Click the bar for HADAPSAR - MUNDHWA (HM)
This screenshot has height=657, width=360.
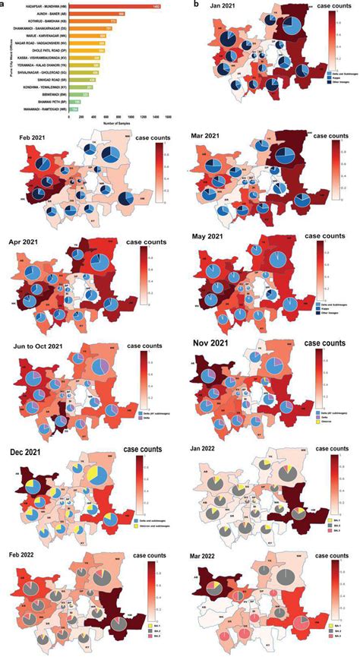pyautogui.click(x=114, y=7)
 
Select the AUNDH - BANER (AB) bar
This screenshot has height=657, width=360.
pyautogui.click(x=99, y=14)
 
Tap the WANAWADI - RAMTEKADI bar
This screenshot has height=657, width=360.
pyautogui.click(x=73, y=109)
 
